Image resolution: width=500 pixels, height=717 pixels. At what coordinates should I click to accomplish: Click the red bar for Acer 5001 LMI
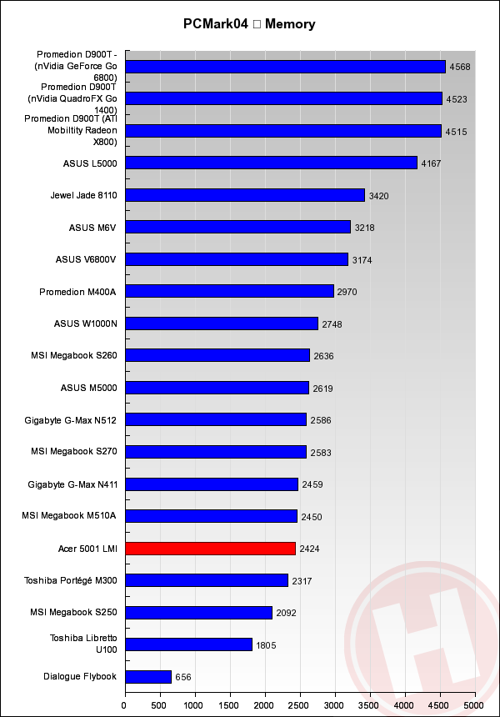210,549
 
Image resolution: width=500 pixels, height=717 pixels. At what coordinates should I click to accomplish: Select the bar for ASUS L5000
271,163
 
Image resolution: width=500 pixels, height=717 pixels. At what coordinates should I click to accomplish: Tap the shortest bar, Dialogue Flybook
148,677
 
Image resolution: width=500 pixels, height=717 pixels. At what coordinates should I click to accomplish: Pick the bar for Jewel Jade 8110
245,195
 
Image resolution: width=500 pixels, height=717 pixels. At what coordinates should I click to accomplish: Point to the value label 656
183,678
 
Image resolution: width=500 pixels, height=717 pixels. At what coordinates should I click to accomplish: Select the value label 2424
309,549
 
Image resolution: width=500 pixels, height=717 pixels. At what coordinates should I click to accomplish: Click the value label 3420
378,196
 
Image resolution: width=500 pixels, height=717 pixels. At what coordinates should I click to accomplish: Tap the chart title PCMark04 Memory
249,24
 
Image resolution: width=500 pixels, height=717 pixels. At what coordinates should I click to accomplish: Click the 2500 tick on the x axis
300,704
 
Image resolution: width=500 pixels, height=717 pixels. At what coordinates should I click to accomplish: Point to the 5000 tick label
474,704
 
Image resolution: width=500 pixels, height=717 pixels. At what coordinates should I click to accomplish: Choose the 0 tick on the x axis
125,704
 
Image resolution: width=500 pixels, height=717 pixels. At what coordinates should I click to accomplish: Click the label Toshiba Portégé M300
70,580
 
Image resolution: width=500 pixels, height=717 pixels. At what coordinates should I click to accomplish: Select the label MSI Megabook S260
73,356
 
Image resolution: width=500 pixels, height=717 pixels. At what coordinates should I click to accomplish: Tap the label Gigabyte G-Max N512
71,420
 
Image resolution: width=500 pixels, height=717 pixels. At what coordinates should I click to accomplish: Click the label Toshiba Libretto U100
82,644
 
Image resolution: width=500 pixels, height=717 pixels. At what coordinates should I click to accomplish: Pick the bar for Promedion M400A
229,291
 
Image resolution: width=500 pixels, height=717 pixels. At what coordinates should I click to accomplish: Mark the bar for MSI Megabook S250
198,613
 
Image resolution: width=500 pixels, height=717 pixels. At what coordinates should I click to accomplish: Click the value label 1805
266,645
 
